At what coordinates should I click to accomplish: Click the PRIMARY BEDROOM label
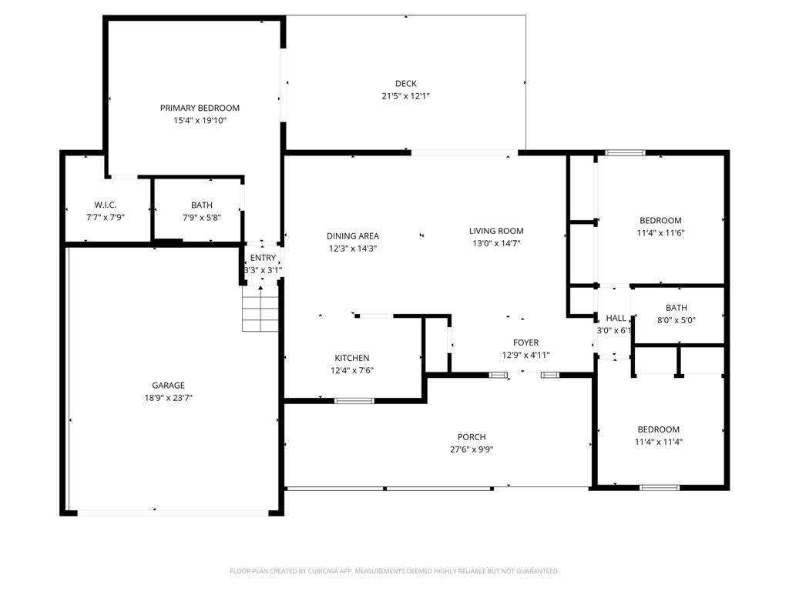click(200, 108)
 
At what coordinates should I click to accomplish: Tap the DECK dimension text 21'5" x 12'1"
click(405, 96)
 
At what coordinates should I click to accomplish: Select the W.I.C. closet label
click(105, 205)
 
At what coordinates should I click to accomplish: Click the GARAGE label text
click(168, 386)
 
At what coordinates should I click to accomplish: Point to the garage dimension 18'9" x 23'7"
click(168, 398)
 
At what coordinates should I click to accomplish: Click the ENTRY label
click(263, 258)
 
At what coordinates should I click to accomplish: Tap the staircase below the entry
click(260, 309)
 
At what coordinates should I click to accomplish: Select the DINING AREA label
click(353, 235)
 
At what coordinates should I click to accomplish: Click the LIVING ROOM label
click(496, 231)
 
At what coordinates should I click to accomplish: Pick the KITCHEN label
click(351, 358)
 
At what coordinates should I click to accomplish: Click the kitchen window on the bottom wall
click(354, 400)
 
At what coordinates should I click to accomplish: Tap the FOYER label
click(525, 342)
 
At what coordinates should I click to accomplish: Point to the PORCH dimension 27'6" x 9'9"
click(472, 449)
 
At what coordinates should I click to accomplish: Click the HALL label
click(616, 318)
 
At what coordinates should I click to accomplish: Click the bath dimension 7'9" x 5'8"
click(202, 218)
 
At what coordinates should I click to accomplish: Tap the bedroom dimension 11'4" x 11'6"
click(660, 233)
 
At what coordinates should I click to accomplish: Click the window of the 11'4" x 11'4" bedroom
click(660, 487)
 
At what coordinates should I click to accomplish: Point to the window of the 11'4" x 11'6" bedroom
click(625, 152)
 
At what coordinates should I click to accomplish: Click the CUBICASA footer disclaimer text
click(394, 571)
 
